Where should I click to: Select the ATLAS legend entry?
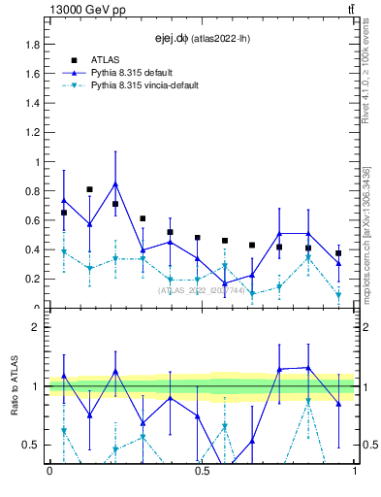coord(105,59)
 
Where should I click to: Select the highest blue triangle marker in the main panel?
coord(115,183)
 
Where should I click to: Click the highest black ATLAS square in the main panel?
coord(89,189)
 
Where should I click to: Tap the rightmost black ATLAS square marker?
coord(338,253)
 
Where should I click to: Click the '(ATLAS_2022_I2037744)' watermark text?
coord(202,290)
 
